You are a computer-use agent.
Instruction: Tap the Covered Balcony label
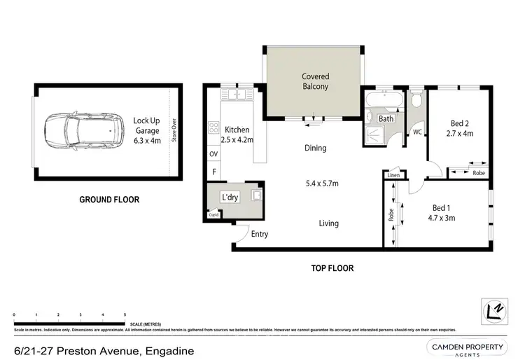point(315,81)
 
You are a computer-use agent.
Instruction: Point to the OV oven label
point(213,154)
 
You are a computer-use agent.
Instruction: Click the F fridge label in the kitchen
point(213,171)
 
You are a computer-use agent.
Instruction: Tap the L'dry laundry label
point(230,198)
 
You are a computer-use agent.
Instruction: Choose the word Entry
point(259,235)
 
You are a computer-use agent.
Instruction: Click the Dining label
point(315,148)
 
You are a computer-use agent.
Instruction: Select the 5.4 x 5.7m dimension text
point(322,184)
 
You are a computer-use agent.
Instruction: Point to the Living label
point(328,223)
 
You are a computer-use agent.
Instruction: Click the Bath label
point(386,119)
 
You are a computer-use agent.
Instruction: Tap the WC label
point(417,132)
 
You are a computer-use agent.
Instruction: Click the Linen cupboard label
point(393,175)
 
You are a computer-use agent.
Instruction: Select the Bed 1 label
point(442,208)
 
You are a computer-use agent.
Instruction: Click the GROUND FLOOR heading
point(108,200)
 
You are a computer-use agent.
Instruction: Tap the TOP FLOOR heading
point(332,268)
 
